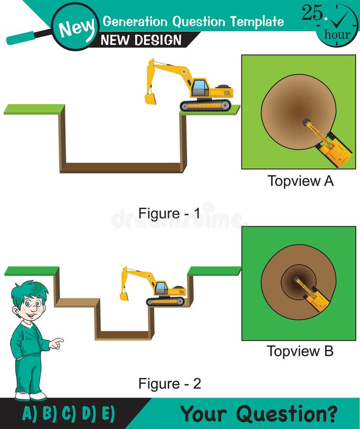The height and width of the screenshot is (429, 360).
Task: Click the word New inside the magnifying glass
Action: pos(77,29)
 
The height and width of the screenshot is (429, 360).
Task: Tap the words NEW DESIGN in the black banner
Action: pos(141,40)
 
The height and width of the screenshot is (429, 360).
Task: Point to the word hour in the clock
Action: pos(337,35)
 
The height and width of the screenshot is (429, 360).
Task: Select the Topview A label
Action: pos(300,181)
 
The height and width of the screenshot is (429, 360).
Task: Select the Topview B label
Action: pos(300,351)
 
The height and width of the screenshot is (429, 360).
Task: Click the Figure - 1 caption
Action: pos(169,213)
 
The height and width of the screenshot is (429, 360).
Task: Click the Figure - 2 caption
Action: pos(170,383)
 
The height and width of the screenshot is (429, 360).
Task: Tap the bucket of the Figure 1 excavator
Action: pos(150,99)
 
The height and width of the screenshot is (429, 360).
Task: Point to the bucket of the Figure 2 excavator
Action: pos(124,296)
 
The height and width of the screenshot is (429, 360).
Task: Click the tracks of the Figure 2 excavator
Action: pos(165,302)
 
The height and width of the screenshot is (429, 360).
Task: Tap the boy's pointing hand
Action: pos(57,344)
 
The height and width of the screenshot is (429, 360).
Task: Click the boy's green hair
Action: pos(30,291)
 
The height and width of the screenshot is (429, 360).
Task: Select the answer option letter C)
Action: pos(69,413)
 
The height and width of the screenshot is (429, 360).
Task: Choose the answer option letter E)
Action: pos(108,413)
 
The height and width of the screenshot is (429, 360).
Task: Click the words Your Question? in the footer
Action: pos(259,413)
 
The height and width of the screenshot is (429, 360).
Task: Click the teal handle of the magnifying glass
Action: pos(21,38)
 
